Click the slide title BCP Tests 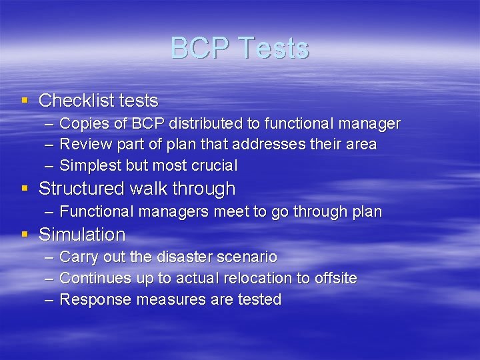(x=239, y=49)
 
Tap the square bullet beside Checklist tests (x=25, y=101)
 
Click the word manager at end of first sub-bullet (x=370, y=124)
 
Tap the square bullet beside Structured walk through (x=25, y=189)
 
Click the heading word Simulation (x=82, y=235)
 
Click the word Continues (x=95, y=278)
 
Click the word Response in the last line (x=95, y=300)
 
